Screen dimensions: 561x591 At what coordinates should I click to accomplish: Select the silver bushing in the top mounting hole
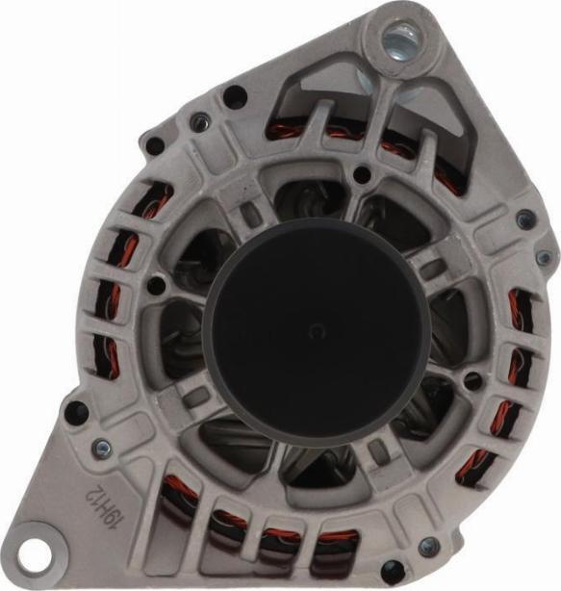pyautogui.click(x=399, y=40)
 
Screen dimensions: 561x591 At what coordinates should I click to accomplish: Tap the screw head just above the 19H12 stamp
pyautogui.click(x=102, y=448)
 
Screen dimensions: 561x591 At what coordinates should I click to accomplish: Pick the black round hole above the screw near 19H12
pyautogui.click(x=77, y=411)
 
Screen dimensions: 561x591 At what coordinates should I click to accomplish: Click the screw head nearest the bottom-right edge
pyautogui.click(x=429, y=545)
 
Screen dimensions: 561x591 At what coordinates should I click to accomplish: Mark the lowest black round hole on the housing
pyautogui.click(x=393, y=570)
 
